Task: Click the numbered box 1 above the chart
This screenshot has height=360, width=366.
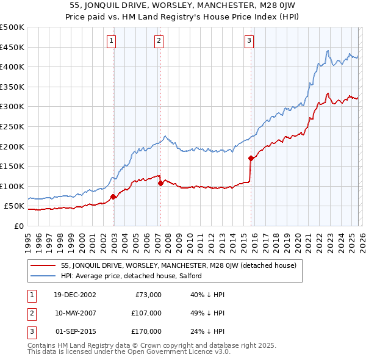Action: (x=112, y=41)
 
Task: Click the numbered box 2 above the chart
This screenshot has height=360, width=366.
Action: (x=159, y=41)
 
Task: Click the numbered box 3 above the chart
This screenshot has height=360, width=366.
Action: (x=249, y=41)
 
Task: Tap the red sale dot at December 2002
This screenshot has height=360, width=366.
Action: (x=113, y=197)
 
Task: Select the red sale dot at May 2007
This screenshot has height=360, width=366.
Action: (x=160, y=182)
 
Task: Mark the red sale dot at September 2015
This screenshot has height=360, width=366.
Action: (x=251, y=158)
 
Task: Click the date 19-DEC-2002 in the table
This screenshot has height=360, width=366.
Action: (x=74, y=295)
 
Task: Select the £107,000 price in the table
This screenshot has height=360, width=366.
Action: (x=147, y=313)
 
